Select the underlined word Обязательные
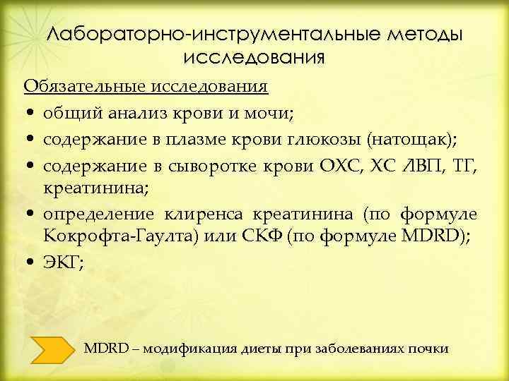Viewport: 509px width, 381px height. point(85,87)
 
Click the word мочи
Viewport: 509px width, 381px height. point(235,112)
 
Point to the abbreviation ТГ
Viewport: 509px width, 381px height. point(464,166)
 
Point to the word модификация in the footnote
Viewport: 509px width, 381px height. point(190,348)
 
